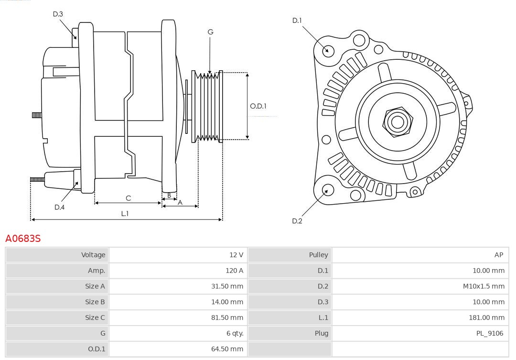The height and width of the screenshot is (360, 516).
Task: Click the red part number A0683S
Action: (22, 238)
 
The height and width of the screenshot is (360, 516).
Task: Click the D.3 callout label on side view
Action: (58, 14)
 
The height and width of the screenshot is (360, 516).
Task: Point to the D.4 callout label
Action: (59, 207)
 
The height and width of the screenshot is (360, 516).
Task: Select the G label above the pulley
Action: (210, 32)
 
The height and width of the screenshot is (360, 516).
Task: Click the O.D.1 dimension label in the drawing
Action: (258, 106)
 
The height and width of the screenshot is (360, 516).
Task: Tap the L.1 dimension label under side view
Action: (124, 214)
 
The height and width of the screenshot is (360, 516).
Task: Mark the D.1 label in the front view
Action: (297, 21)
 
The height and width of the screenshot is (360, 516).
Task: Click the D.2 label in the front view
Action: (297, 221)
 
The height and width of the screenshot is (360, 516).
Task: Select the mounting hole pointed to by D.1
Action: (328, 50)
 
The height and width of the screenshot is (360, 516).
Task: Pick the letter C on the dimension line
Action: (128, 198)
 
